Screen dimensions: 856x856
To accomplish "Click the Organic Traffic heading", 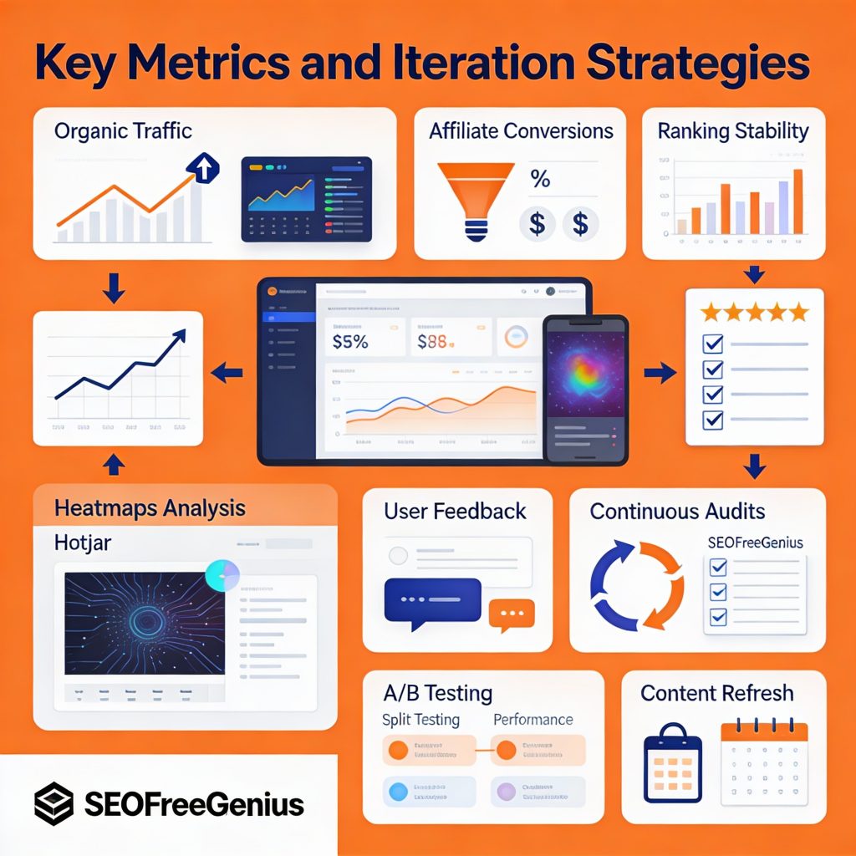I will point(123,131).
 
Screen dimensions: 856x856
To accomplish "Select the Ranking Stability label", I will point(733,131).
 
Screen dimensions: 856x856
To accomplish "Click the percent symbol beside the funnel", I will point(540,179).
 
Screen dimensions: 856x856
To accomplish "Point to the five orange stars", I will point(754,313).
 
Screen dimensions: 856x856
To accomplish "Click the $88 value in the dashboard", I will point(435,341).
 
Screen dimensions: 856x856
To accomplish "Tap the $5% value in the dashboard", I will point(352,341).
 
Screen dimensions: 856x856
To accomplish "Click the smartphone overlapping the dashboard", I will point(584,388).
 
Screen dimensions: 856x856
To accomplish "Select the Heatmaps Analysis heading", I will point(150,507).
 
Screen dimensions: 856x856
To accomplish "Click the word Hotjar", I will point(82,543).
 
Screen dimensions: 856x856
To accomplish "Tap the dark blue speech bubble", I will point(432,599).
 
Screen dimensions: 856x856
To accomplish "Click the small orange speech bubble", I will point(511,616).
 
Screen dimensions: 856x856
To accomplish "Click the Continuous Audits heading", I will point(677,511).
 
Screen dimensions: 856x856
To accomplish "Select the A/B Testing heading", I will point(437,693).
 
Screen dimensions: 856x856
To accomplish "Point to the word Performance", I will point(532,720).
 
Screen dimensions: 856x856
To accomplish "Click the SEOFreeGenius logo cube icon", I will point(54,804).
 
